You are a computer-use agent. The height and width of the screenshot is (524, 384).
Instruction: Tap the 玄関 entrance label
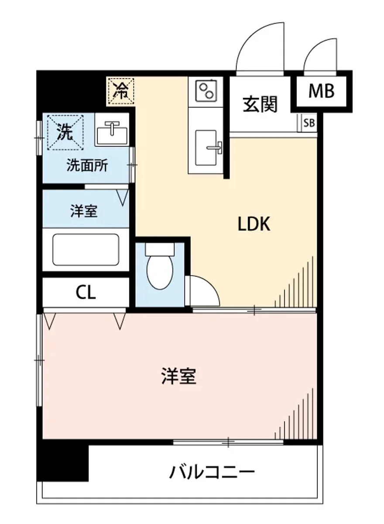point(261,104)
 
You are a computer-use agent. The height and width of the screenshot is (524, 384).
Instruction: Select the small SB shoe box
point(309,123)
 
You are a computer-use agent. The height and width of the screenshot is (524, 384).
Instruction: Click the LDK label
point(254,224)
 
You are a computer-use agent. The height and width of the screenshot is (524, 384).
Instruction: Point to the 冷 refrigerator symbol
point(120,91)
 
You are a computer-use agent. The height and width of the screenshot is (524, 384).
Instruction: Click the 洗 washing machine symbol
point(65,131)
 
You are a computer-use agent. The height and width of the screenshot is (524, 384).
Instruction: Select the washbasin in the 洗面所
point(113,130)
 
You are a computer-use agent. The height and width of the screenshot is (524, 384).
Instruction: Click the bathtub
point(86,249)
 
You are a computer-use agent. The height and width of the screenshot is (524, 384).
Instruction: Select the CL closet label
point(86,293)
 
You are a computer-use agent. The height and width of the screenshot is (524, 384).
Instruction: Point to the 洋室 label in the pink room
point(179,376)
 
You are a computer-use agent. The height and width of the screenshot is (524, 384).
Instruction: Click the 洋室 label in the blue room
point(84,212)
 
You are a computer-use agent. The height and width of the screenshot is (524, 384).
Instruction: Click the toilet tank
point(159,249)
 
